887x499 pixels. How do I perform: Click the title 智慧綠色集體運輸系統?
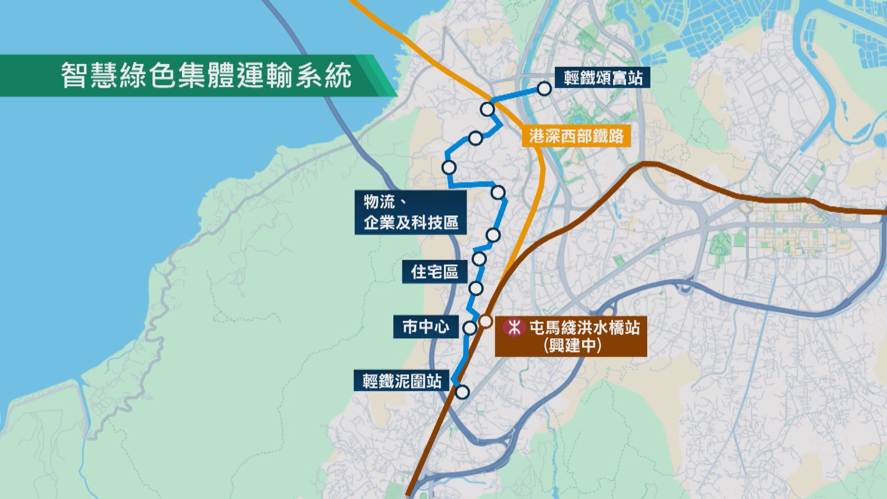click(207, 75)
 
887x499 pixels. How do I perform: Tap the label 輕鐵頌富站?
click(603, 78)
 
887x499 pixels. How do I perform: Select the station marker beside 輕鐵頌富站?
click(545, 89)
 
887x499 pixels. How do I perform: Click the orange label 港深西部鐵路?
click(577, 136)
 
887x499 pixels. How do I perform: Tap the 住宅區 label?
click(435, 272)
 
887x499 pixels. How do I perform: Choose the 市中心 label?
click(425, 327)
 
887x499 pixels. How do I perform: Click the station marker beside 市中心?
click(470, 328)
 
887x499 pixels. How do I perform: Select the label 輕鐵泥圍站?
click(402, 382)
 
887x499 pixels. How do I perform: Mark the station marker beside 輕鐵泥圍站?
click(462, 392)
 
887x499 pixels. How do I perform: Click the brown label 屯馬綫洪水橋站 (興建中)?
click(571, 336)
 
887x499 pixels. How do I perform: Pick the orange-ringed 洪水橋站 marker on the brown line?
click(486, 321)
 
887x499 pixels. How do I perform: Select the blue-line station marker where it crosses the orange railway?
click(487, 109)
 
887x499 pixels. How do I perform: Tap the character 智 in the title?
click(74, 75)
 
